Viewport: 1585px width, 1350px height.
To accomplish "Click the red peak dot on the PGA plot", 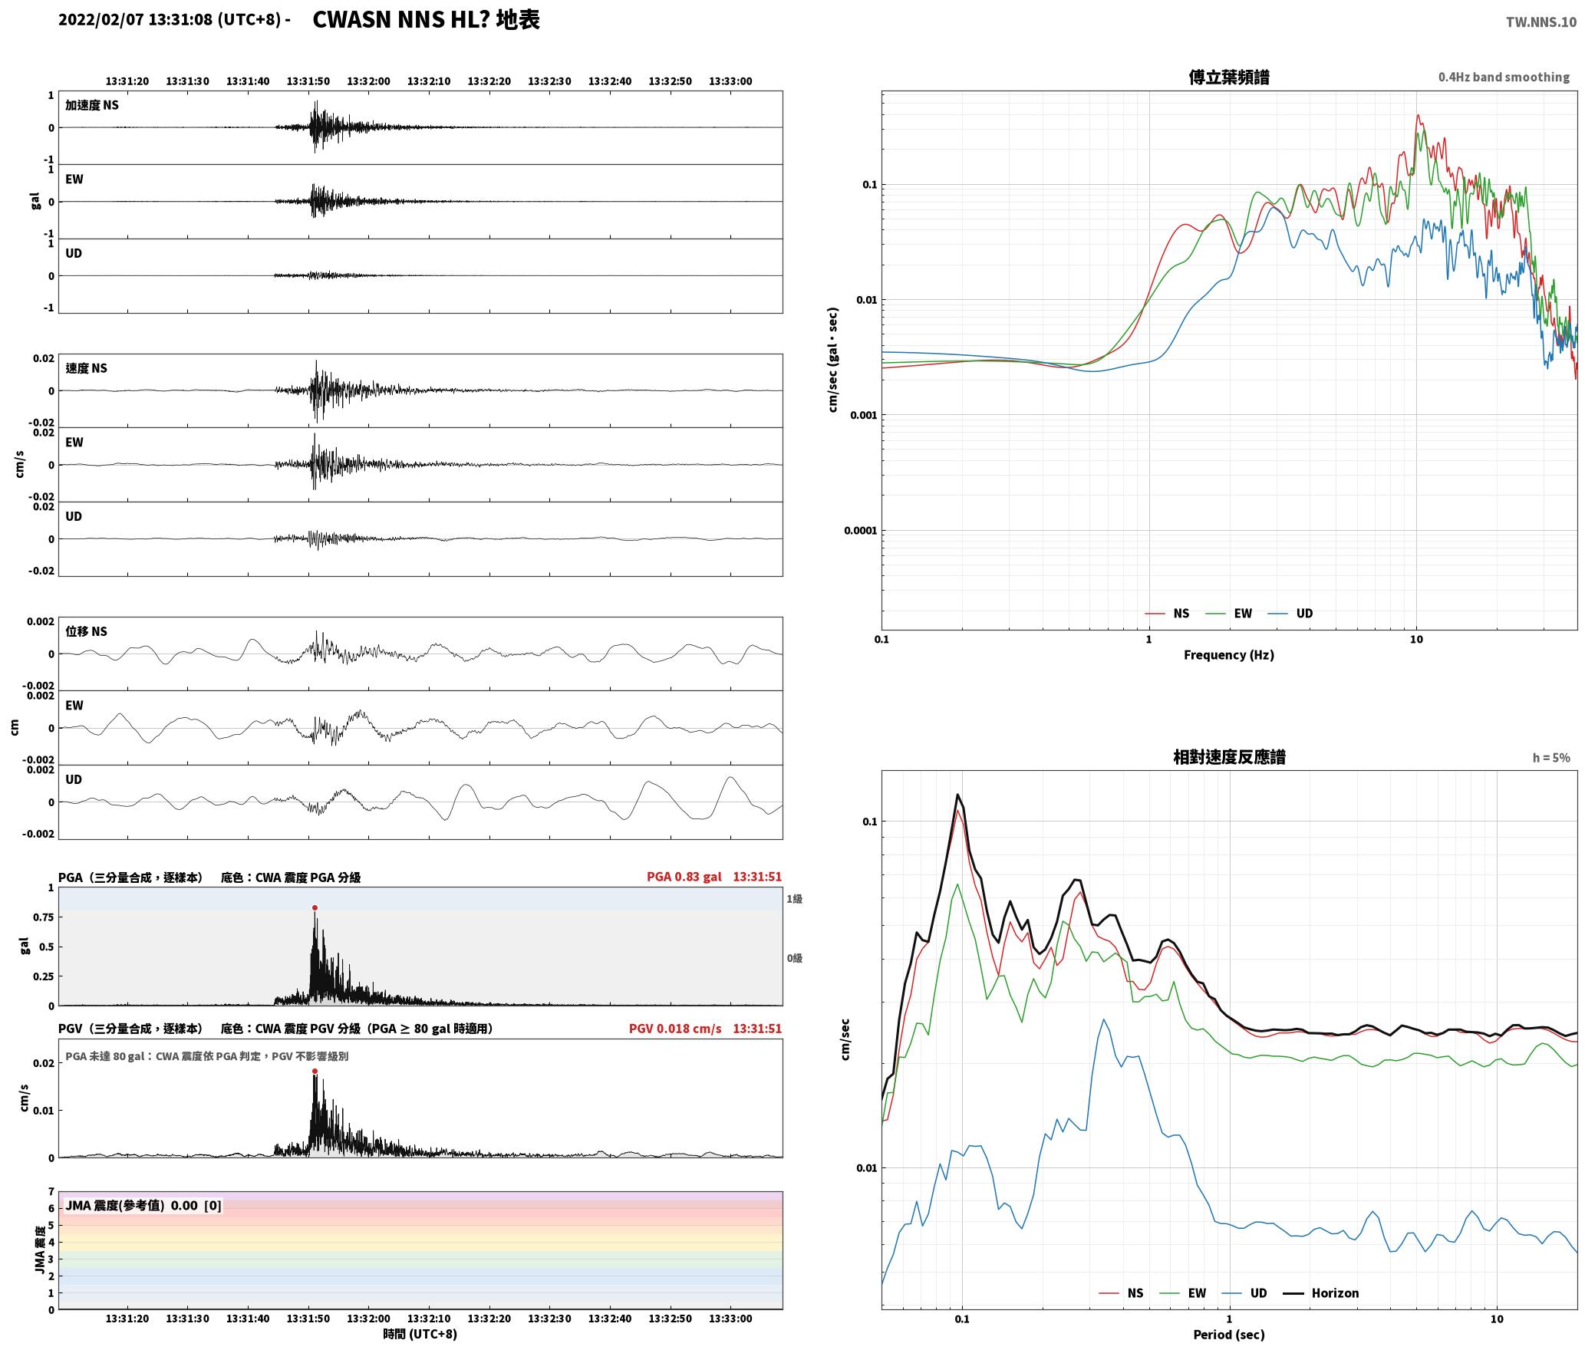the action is pyautogui.click(x=315, y=908).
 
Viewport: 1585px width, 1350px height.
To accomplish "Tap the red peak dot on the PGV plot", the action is pyautogui.click(x=315, y=1072).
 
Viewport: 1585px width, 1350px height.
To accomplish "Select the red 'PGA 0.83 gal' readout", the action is pyautogui.click(x=684, y=877).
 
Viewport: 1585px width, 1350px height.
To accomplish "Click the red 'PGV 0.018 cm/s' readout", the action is pyautogui.click(x=675, y=1029).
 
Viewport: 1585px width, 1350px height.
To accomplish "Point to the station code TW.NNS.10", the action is pyautogui.click(x=1541, y=22).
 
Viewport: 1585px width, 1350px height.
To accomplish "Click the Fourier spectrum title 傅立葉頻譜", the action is pyautogui.click(x=1229, y=77).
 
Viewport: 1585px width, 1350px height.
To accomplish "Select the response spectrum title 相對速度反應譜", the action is pyautogui.click(x=1229, y=757).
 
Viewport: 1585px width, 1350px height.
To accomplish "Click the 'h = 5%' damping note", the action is pyautogui.click(x=1551, y=758).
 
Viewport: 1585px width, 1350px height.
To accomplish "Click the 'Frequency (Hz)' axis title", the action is pyautogui.click(x=1229, y=655).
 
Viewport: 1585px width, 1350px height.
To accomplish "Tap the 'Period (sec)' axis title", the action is pyautogui.click(x=1229, y=1335).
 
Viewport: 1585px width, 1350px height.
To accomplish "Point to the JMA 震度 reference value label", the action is pyautogui.click(x=143, y=1206).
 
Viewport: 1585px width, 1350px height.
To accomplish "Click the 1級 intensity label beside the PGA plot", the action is pyautogui.click(x=794, y=899).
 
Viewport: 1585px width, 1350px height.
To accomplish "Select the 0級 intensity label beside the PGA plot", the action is pyautogui.click(x=794, y=958).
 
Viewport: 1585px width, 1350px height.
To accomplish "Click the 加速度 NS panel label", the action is pyautogui.click(x=92, y=105).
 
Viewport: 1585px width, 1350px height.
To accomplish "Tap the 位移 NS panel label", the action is pyautogui.click(x=86, y=631).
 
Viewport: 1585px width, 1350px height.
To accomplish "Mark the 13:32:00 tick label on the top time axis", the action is pyautogui.click(x=368, y=81).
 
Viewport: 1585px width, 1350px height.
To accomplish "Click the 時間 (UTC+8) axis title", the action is pyautogui.click(x=420, y=1334).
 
